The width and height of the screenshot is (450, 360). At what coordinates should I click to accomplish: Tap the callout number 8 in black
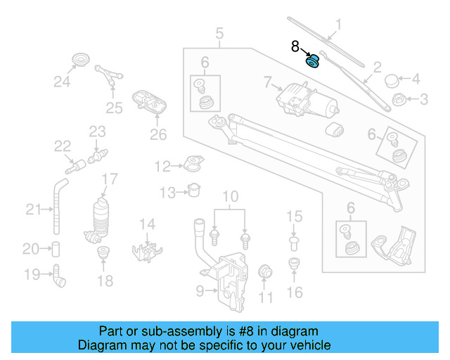point(295,47)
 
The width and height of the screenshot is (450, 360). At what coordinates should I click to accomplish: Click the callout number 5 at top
point(219,32)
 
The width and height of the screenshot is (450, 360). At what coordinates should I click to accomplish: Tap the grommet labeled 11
point(266,272)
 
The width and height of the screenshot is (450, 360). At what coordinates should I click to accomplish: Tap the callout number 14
point(146,224)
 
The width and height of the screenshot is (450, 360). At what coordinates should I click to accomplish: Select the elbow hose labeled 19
point(58,276)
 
